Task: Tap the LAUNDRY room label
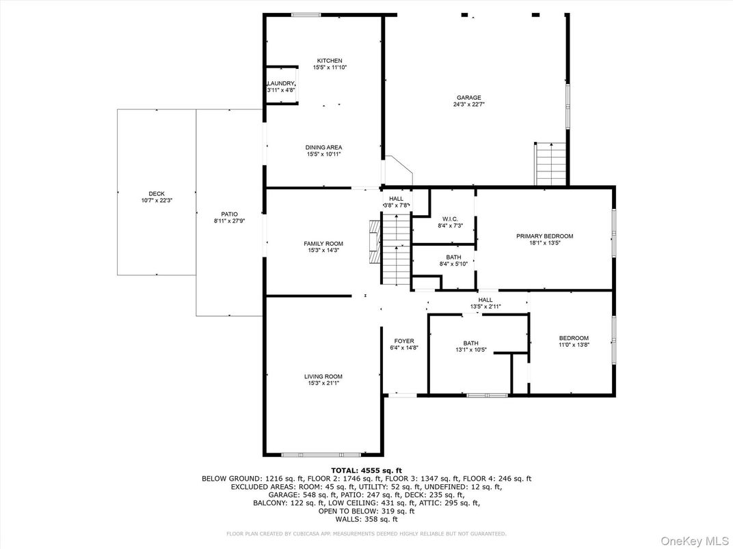(x=280, y=83)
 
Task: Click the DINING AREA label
(x=323, y=147)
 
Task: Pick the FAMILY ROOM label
(x=323, y=244)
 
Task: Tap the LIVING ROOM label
(x=323, y=376)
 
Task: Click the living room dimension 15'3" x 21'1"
(x=323, y=384)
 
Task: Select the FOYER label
(x=404, y=341)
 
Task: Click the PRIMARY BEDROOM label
(x=544, y=236)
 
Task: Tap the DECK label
(x=157, y=193)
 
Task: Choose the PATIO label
(x=229, y=214)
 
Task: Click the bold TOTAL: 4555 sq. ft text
(x=366, y=470)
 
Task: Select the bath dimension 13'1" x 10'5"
(x=470, y=350)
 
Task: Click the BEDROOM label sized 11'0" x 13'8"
(x=573, y=338)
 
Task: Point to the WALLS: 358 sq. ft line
(x=366, y=520)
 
